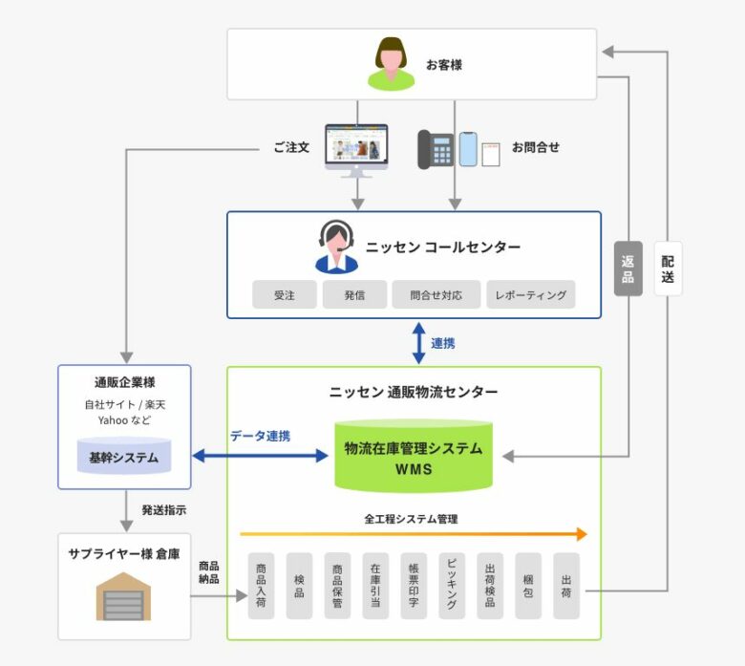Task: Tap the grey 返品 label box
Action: coord(628,269)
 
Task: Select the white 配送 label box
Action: coord(668,269)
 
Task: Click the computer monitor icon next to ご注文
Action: coord(356,149)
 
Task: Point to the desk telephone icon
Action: coord(436,149)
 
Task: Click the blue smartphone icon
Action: coord(468,149)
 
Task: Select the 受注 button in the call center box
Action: coord(284,294)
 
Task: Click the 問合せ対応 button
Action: coord(436,294)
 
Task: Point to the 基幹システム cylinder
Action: coord(124,457)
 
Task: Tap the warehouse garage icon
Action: coord(124,597)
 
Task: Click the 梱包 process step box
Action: coord(528,586)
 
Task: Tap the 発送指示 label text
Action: coord(164,510)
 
